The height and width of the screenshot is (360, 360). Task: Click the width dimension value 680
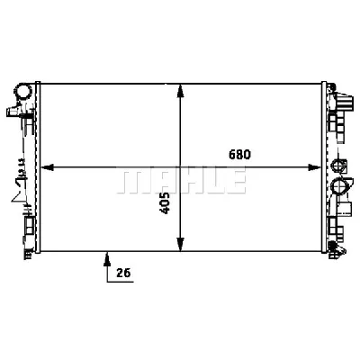(239, 154)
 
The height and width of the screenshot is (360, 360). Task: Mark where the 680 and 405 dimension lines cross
(182, 167)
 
